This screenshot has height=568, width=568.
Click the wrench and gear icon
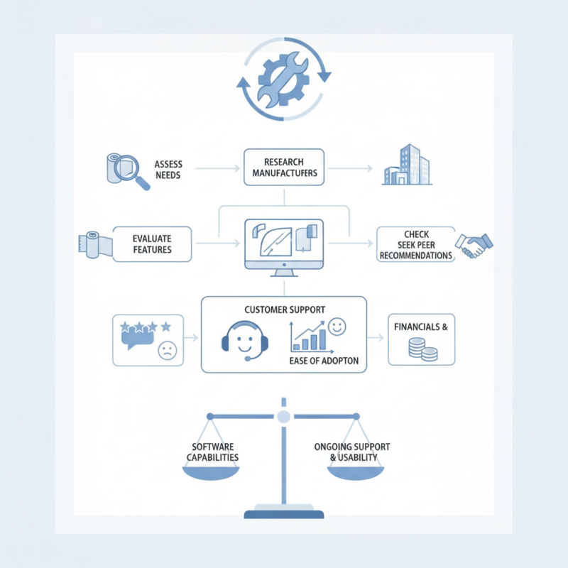click(283, 79)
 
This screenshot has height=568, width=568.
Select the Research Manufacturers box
click(284, 167)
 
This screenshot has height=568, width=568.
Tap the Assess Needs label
click(168, 170)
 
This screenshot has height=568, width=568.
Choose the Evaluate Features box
click(152, 244)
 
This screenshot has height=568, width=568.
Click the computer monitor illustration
click(284, 248)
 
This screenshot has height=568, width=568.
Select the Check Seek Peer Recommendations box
click(416, 244)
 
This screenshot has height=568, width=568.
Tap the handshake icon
click(474, 246)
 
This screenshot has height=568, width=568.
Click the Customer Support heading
click(285, 310)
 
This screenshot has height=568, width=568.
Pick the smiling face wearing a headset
click(245, 341)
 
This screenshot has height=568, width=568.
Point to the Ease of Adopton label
click(324, 361)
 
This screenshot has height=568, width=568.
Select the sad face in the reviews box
click(168, 350)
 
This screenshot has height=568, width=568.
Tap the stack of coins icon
click(422, 349)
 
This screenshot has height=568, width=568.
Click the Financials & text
click(421, 327)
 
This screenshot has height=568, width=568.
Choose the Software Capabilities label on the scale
click(212, 452)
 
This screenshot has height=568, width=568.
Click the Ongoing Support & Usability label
click(352, 452)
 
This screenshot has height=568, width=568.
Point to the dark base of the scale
click(283, 514)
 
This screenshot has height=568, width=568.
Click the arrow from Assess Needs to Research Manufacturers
click(218, 168)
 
